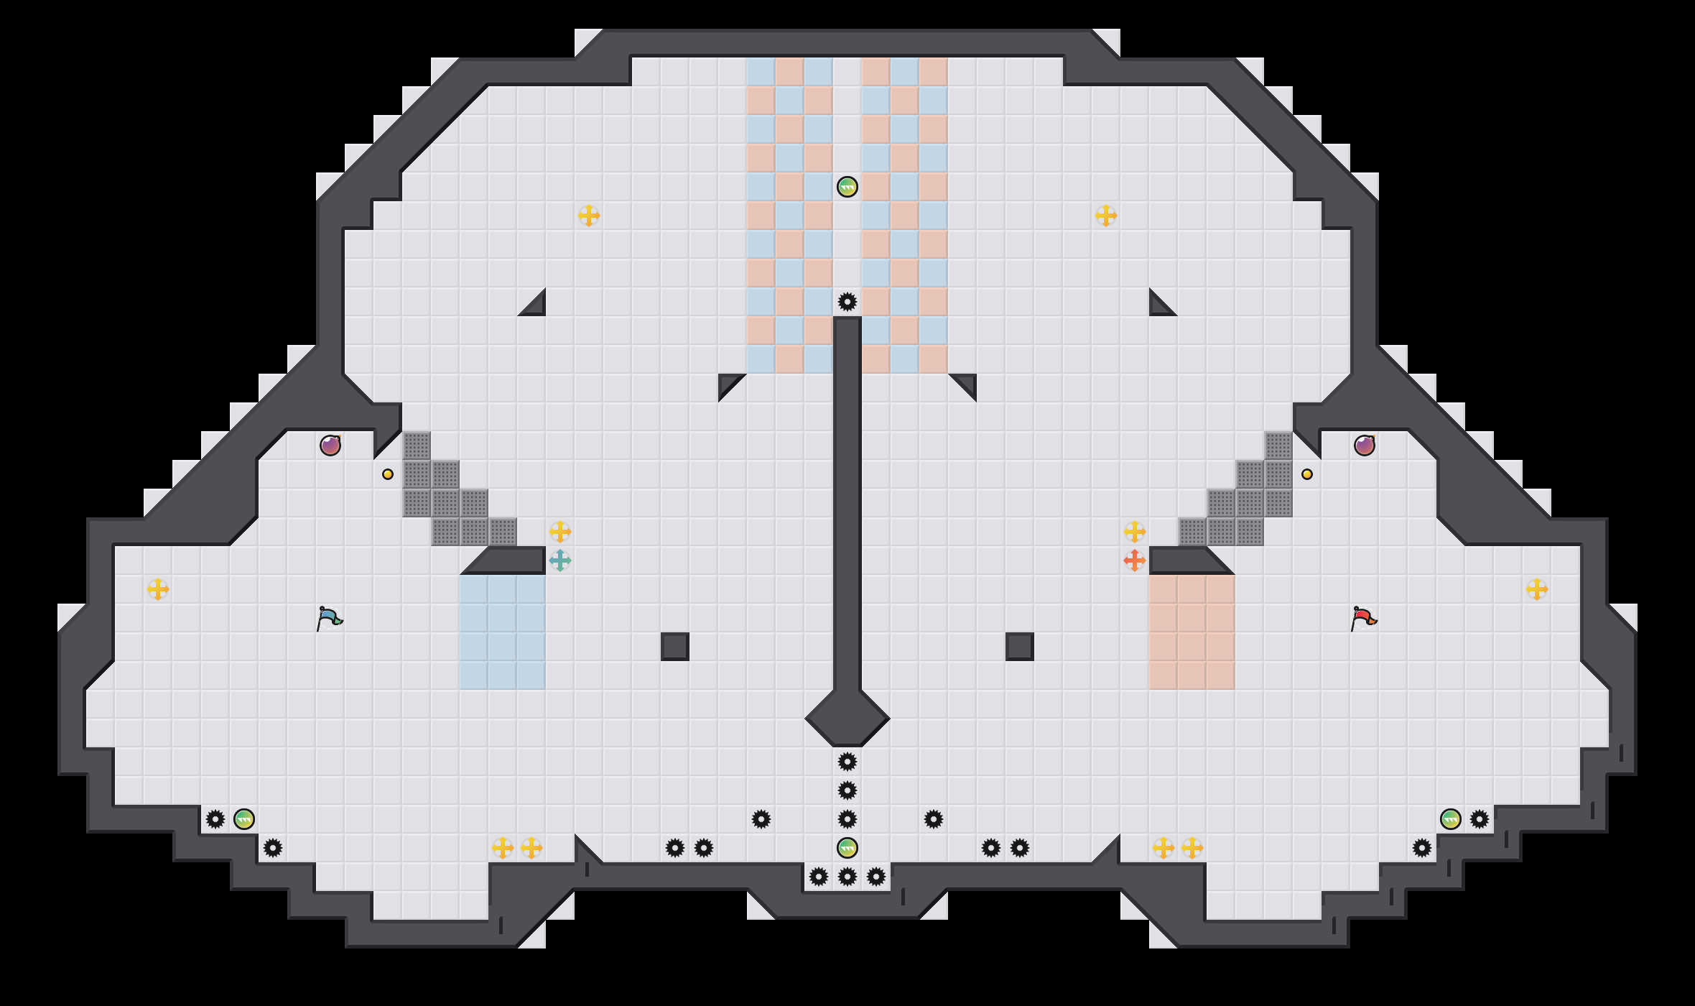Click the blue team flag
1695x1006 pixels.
click(330, 618)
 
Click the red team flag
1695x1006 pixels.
click(1364, 618)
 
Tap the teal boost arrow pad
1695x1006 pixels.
click(560, 560)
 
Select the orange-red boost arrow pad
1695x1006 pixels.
click(1135, 560)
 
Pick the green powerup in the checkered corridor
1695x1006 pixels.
click(847, 187)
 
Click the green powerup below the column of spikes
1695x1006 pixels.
click(847, 848)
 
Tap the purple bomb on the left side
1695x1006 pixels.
click(330, 446)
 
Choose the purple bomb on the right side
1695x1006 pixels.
click(1365, 446)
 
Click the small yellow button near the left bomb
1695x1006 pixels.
click(388, 474)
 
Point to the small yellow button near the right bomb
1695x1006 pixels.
click(1307, 474)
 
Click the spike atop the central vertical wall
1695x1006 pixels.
click(847, 302)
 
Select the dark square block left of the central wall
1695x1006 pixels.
click(675, 647)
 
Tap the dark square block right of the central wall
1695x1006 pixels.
click(1020, 647)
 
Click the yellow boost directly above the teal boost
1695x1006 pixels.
click(560, 532)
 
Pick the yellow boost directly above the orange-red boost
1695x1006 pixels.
click(1135, 532)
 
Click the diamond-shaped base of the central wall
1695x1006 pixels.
click(847, 719)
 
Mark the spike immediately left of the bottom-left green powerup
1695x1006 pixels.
click(215, 819)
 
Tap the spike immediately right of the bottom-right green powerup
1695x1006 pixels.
click(1480, 819)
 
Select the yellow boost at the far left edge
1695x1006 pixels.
click(158, 589)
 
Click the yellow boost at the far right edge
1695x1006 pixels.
click(1537, 589)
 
